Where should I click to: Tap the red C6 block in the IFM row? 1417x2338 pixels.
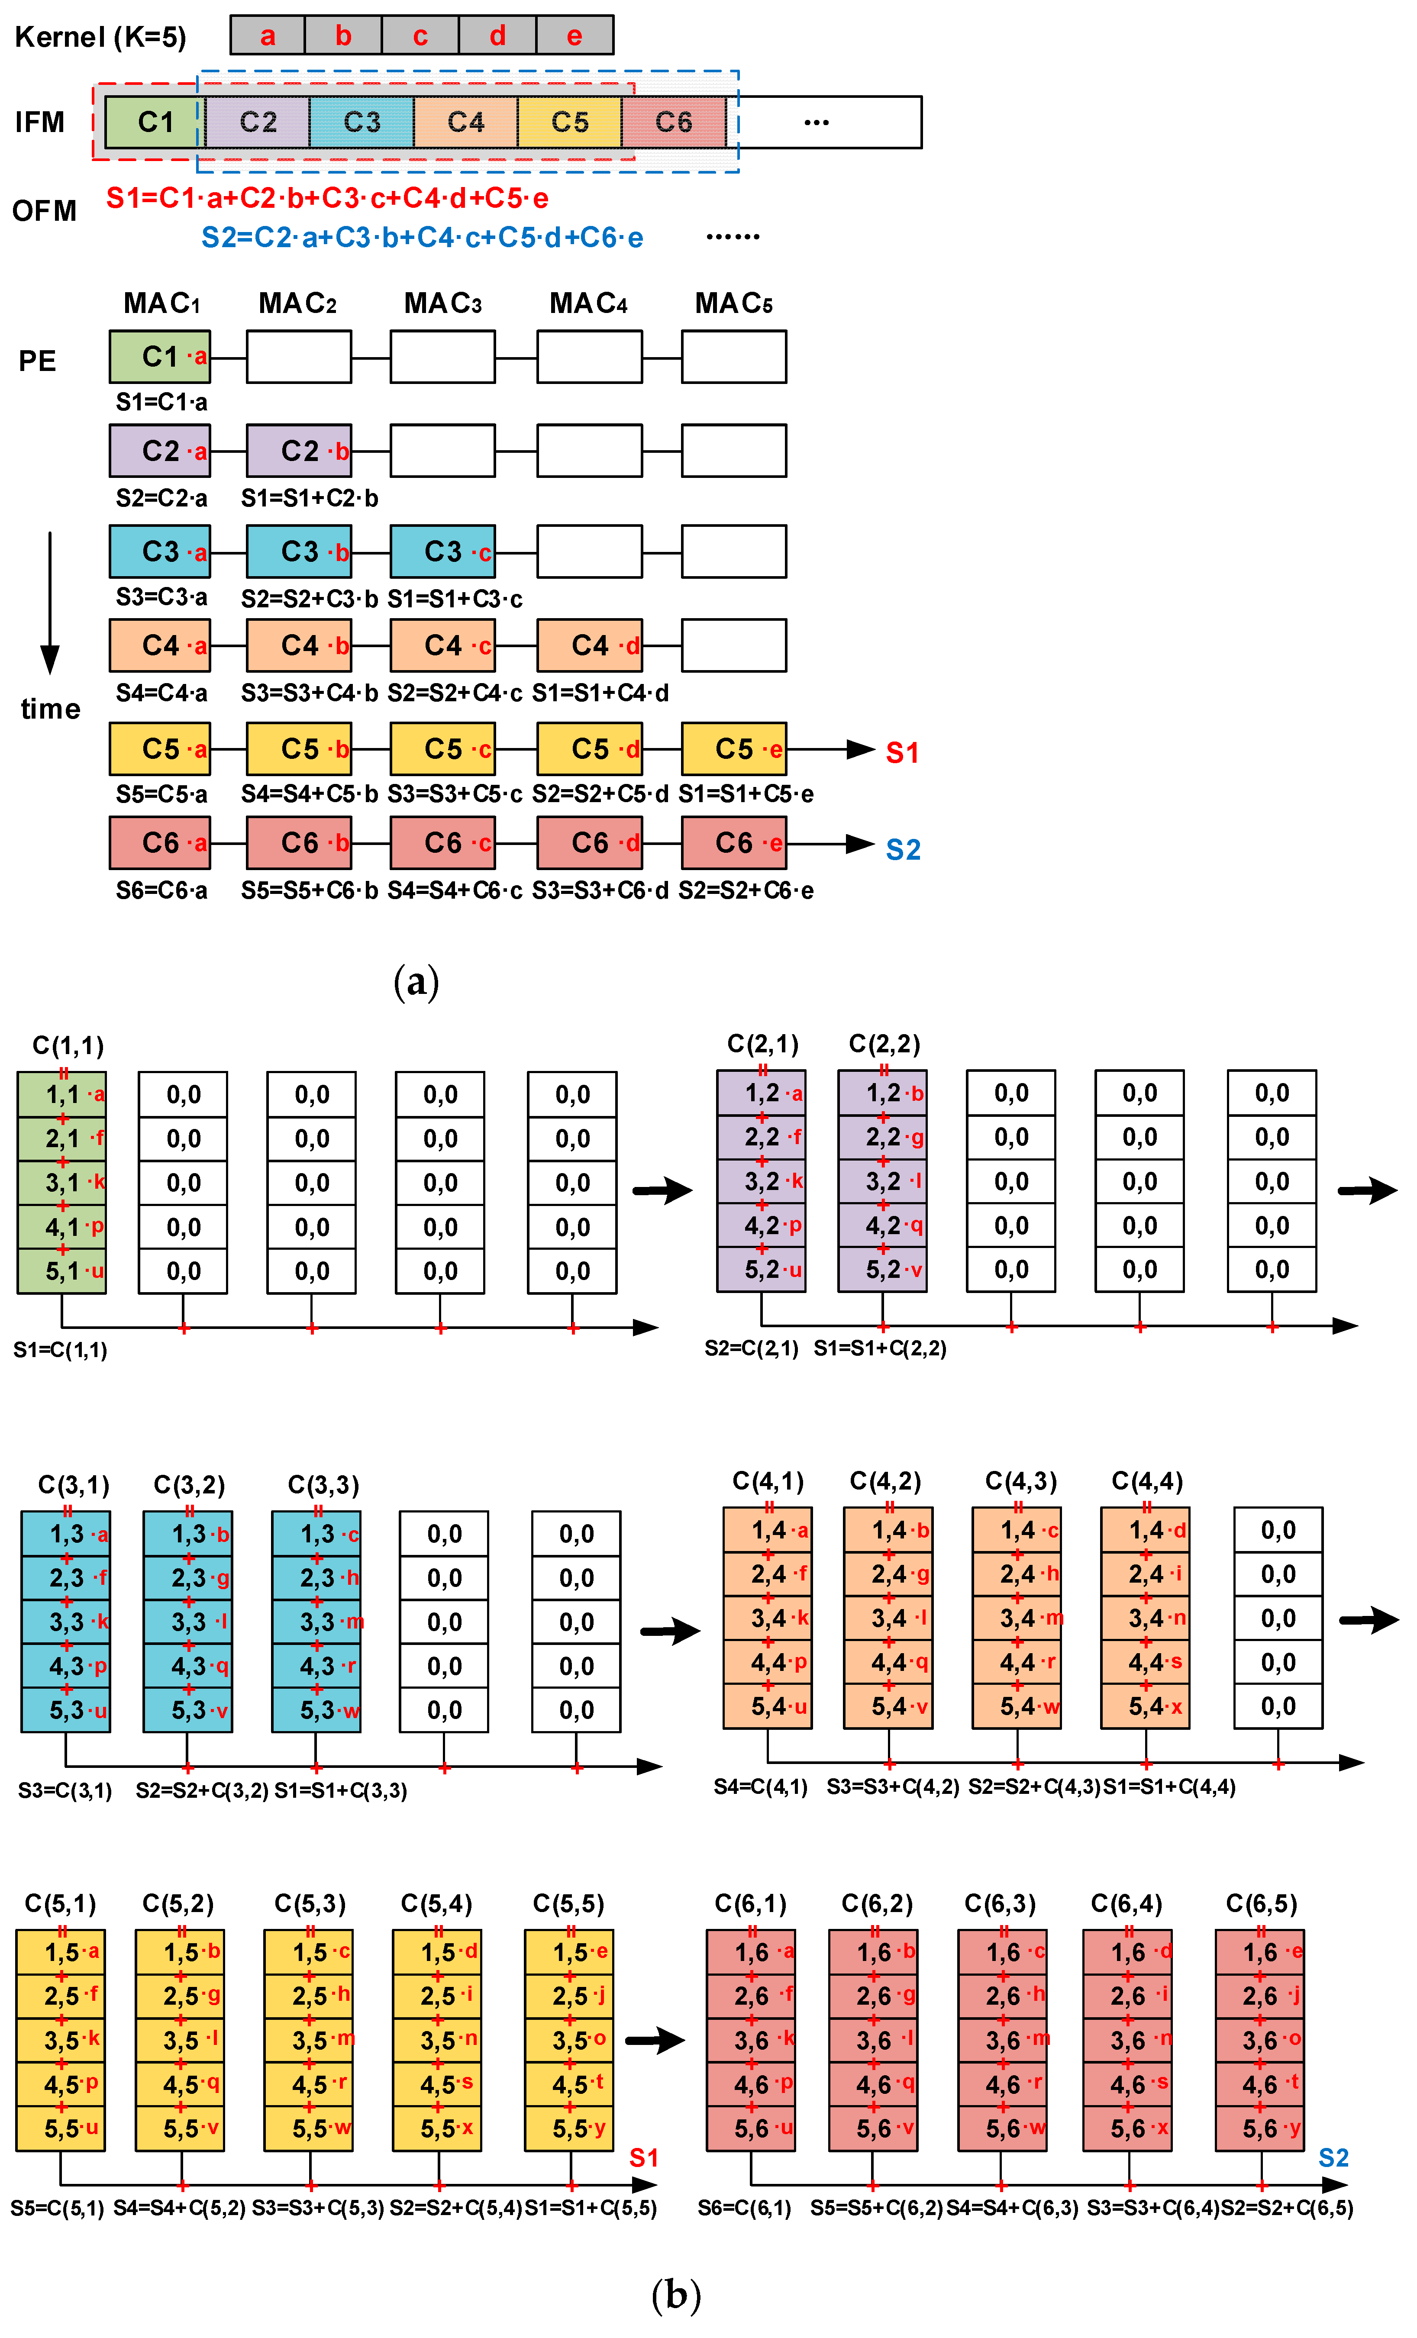pos(673,123)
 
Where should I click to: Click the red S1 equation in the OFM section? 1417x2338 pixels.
pos(326,198)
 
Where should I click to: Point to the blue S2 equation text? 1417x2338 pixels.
pos(421,237)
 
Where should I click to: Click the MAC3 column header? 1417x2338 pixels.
pos(442,303)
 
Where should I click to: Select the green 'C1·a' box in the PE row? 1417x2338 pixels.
pos(159,357)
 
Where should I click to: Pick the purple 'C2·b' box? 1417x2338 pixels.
pos(299,451)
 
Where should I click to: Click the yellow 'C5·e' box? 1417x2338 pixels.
pos(734,748)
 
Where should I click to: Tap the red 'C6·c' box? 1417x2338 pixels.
pos(442,842)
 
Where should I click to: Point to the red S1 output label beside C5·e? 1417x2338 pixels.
pos(902,752)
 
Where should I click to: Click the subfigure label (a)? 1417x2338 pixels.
pos(416,981)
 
